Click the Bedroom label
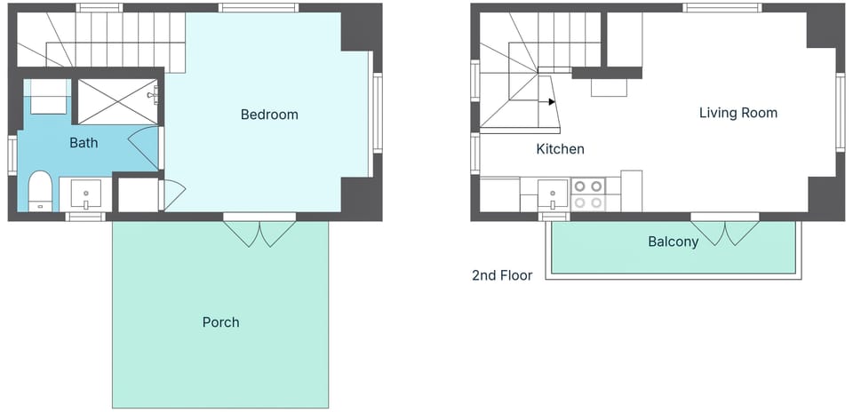tap(269, 115)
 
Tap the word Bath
tap(84, 143)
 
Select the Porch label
tap(221, 322)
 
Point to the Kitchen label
tap(561, 149)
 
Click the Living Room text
tap(738, 113)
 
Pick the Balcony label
tap(673, 242)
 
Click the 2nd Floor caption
tap(502, 275)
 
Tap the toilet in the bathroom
tap(40, 191)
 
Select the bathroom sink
tap(86, 194)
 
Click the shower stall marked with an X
tap(117, 101)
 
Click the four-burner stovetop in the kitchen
tap(588, 194)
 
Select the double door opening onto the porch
tap(259, 231)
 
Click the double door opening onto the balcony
tap(725, 230)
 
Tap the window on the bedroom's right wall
tap(377, 113)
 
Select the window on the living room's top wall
tap(721, 8)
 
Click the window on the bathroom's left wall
tap(12, 155)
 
